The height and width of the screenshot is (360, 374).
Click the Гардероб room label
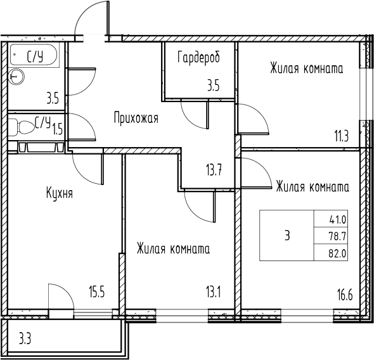tap(198, 58)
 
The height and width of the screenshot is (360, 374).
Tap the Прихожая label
tap(136, 117)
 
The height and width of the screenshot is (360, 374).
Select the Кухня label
tap(59, 193)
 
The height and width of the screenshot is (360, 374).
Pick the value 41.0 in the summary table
tap(337, 220)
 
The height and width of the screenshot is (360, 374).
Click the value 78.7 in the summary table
tap(337, 236)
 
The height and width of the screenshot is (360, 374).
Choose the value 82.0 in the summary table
tap(337, 252)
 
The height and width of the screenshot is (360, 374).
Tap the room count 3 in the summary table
tap(287, 236)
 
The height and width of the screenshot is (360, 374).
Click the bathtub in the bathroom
tap(35, 56)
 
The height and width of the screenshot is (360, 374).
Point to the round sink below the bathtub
tap(16, 77)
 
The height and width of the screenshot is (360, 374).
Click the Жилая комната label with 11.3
tap(306, 68)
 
